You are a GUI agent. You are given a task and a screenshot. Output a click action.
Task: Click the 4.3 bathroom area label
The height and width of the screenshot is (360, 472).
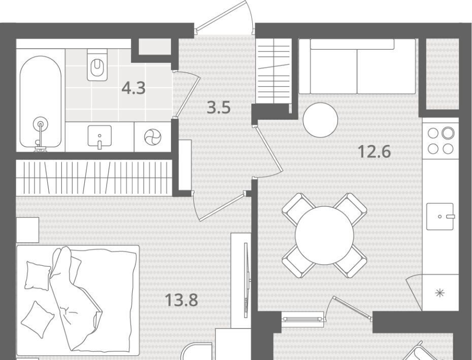pos(133,88)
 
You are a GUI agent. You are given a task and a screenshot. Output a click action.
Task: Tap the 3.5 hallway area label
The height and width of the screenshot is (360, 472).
pos(219,107)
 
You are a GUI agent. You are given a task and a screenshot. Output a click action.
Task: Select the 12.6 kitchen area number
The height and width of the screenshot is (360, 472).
pos(375,151)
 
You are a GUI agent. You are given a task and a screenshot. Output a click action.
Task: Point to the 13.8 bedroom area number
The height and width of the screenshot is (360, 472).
pos(182,300)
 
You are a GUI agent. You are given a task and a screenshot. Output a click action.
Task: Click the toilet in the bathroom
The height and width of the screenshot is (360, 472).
pos(97,65)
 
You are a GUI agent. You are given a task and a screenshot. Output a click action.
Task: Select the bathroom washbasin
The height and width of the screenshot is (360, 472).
pos(99,137)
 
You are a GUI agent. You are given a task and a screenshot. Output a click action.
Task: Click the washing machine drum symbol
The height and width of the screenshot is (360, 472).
pos(153,137)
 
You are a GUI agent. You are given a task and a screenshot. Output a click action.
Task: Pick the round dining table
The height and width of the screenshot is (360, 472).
pos(324,235)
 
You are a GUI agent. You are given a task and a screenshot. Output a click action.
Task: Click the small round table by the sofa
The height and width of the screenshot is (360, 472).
pos(320,120)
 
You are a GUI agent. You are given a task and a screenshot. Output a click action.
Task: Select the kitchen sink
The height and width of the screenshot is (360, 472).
pos(440,217)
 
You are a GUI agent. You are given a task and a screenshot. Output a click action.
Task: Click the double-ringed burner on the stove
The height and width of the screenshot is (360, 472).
pos(448,133)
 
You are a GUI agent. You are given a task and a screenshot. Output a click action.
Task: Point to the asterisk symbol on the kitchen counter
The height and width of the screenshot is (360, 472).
pos(440,293)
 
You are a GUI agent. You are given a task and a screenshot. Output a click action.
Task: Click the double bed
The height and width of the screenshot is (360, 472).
pos(78,300)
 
